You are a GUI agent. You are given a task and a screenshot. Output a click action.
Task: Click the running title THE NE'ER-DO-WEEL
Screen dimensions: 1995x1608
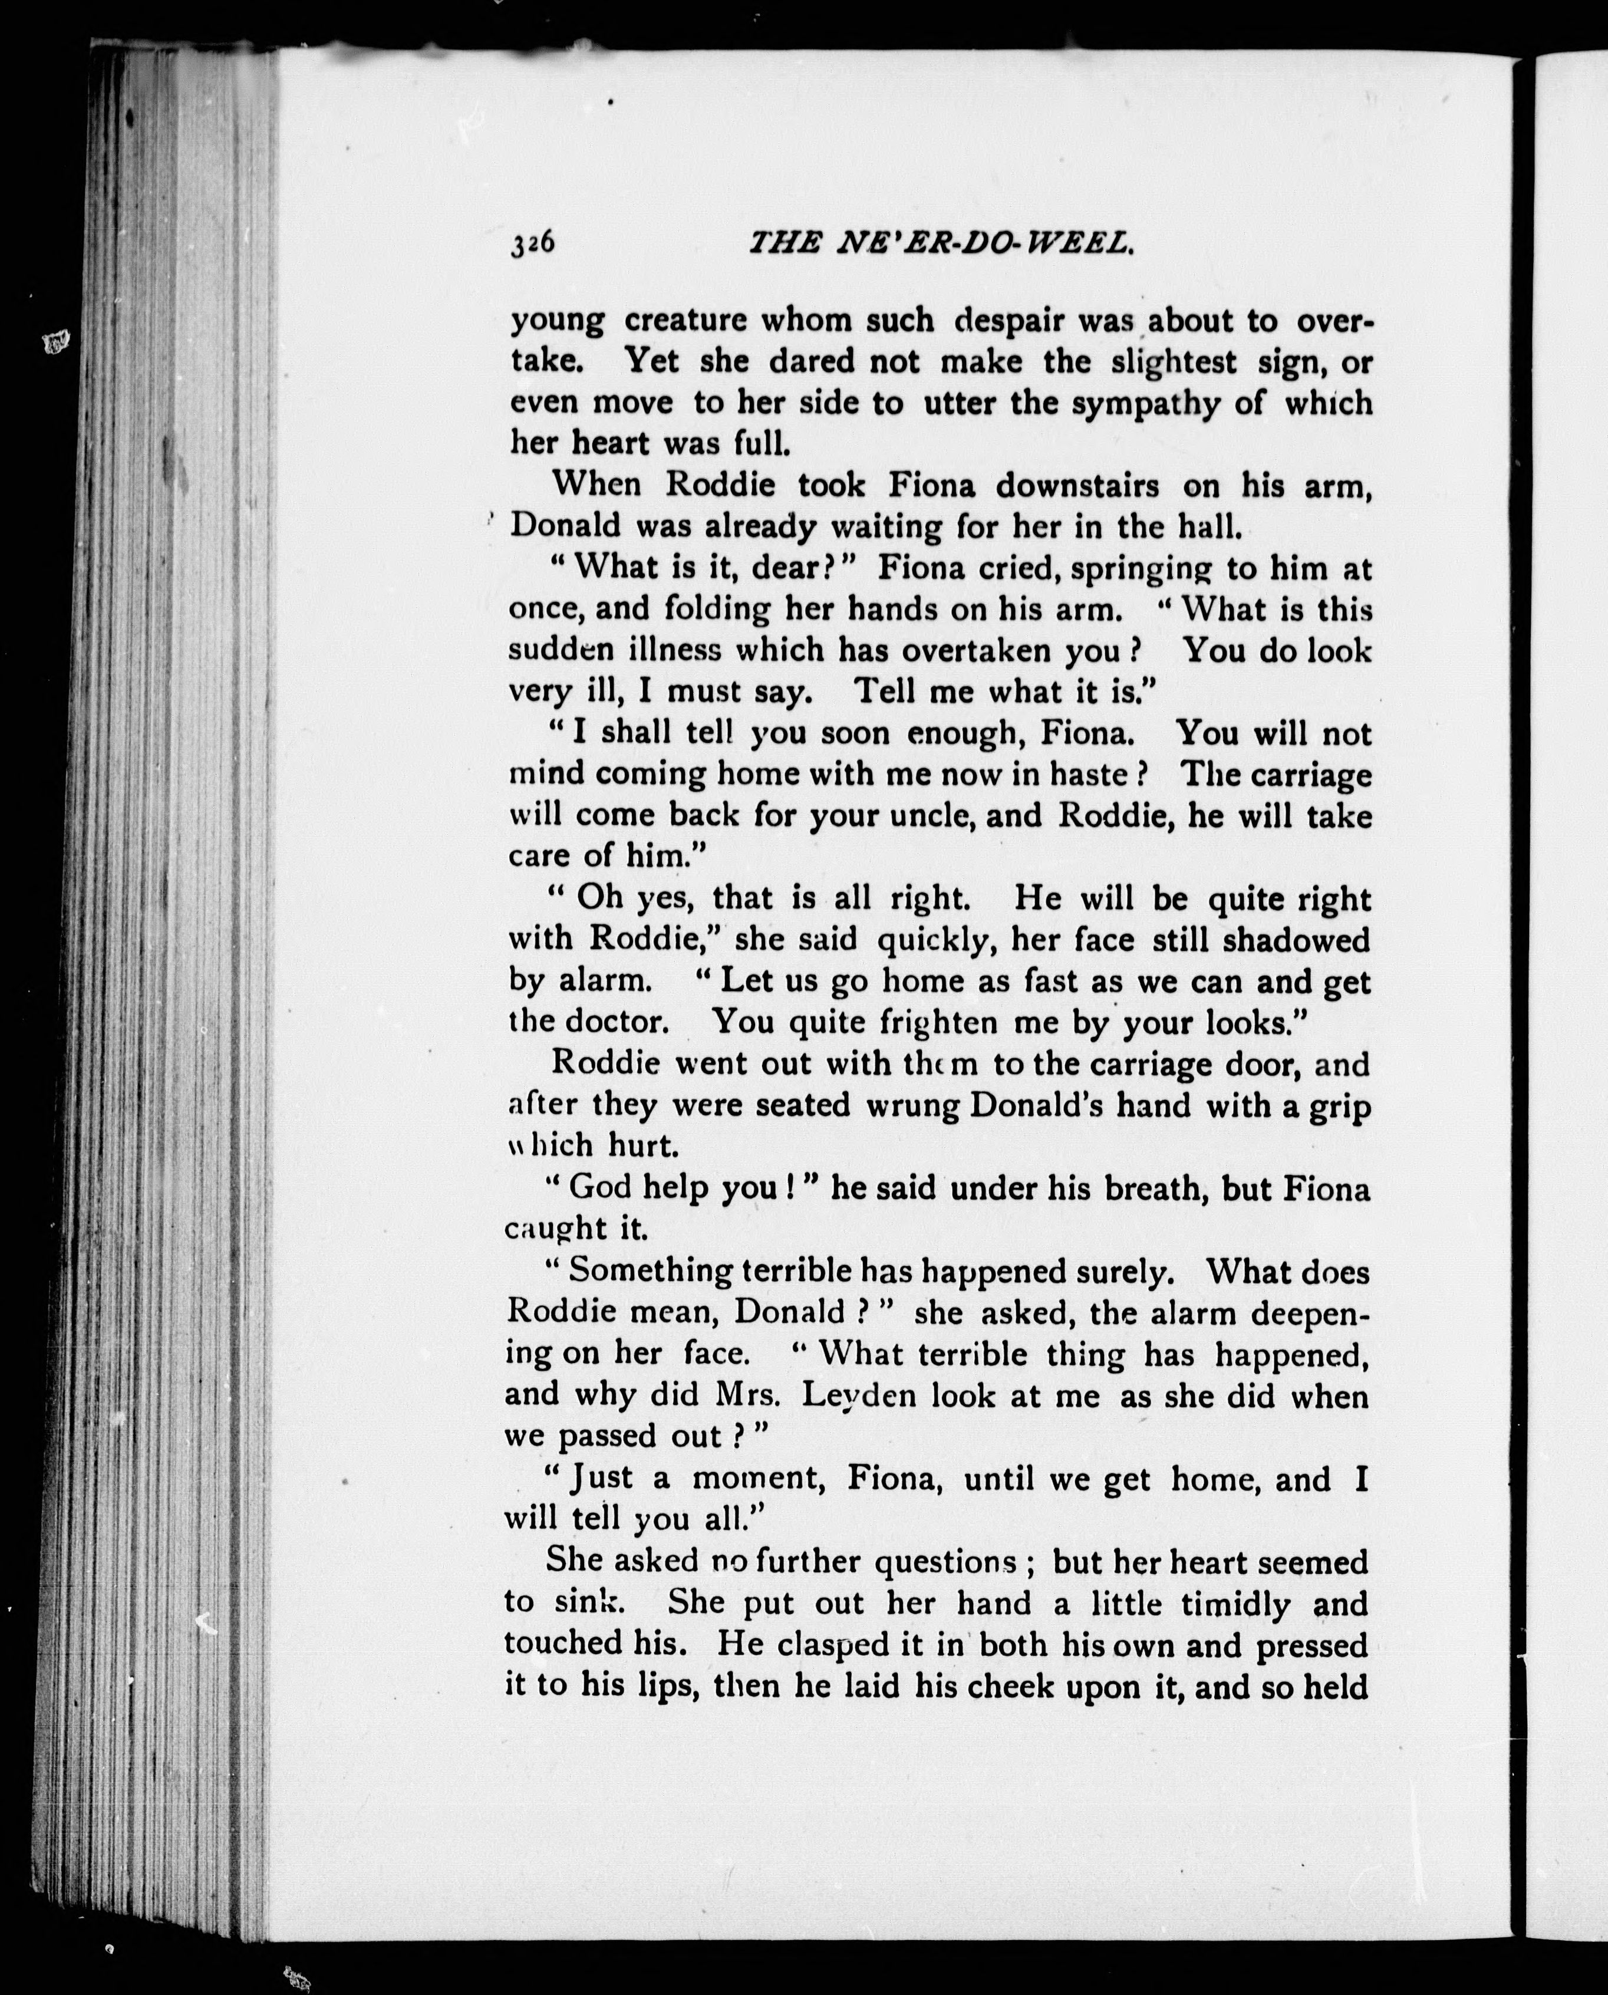tap(941, 243)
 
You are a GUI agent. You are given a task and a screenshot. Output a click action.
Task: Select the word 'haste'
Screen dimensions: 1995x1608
tap(1094, 773)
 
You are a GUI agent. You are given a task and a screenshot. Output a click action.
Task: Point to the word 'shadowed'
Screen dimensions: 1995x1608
tap(1296, 940)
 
